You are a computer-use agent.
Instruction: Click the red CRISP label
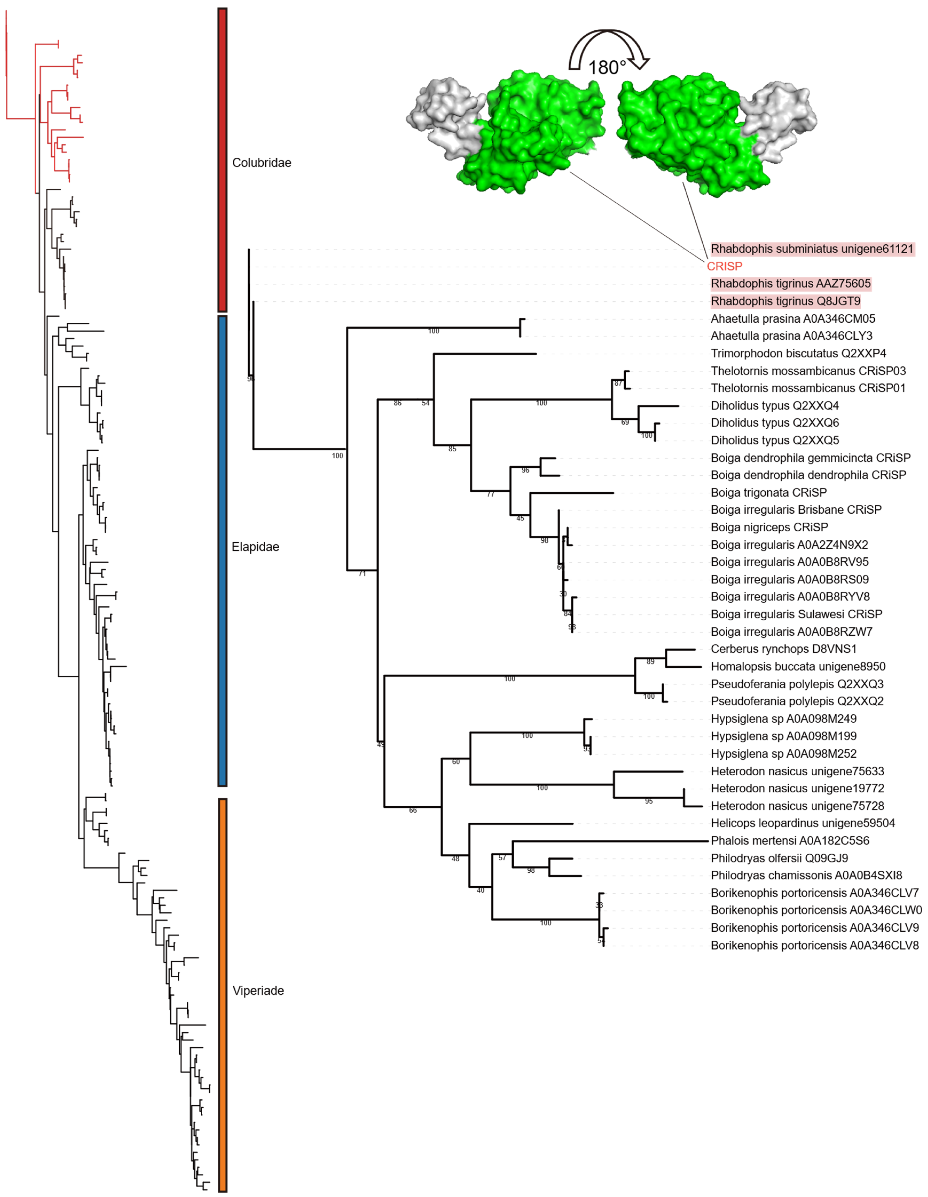pyautogui.click(x=724, y=266)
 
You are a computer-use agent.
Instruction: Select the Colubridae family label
pyautogui.click(x=261, y=163)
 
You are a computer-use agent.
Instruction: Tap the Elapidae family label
pyautogui.click(x=255, y=547)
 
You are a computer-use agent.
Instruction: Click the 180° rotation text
pyautogui.click(x=607, y=68)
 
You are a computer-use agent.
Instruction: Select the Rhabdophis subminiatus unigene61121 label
pyautogui.click(x=812, y=249)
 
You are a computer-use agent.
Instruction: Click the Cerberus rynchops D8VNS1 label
pyautogui.click(x=783, y=649)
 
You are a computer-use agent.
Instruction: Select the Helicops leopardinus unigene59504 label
pyautogui.click(x=803, y=823)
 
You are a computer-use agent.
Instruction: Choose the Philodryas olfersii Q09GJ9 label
pyautogui.click(x=779, y=858)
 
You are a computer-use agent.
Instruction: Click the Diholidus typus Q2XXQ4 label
pyautogui.click(x=774, y=406)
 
